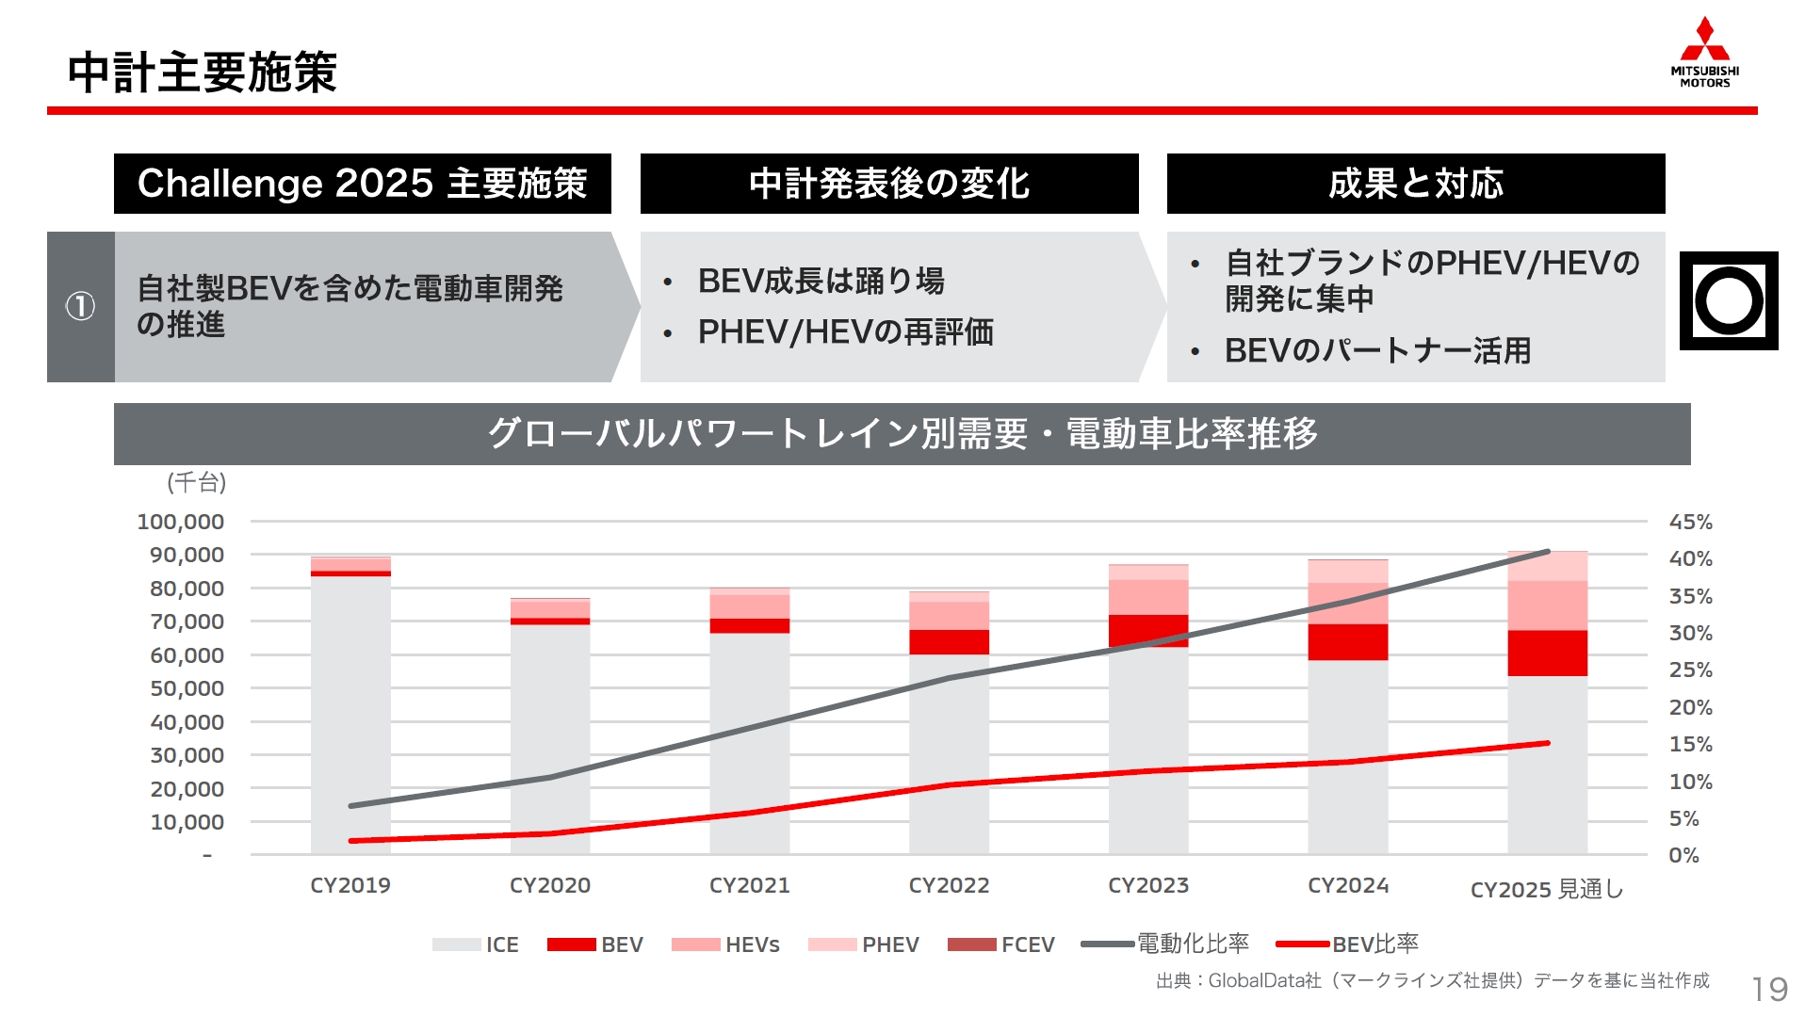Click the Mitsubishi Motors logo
pyautogui.click(x=1704, y=52)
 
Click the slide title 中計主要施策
pyautogui.click(x=202, y=73)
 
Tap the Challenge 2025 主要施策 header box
pyautogui.click(x=362, y=184)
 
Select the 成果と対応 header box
pyautogui.click(x=1415, y=184)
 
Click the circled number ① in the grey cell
pyautogui.click(x=80, y=306)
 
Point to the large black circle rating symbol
pyautogui.click(x=1728, y=301)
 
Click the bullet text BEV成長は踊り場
pyautogui.click(x=821, y=281)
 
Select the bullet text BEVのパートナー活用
pyautogui.click(x=1376, y=350)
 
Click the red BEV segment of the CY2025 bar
pyautogui.click(x=1546, y=653)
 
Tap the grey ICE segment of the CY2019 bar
pyautogui.click(x=350, y=716)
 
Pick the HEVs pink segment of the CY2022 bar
pyautogui.click(x=949, y=615)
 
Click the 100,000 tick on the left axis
pyautogui.click(x=181, y=522)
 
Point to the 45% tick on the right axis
pyautogui.click(x=1690, y=522)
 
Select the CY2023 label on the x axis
pyautogui.click(x=1147, y=885)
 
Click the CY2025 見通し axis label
pyautogui.click(x=1546, y=889)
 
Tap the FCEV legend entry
pyautogui.click(x=1000, y=944)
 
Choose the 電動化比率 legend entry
pyautogui.click(x=1165, y=944)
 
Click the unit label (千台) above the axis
pyautogui.click(x=196, y=482)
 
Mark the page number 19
pyautogui.click(x=1769, y=989)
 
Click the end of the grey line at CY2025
pyautogui.click(x=1547, y=552)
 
